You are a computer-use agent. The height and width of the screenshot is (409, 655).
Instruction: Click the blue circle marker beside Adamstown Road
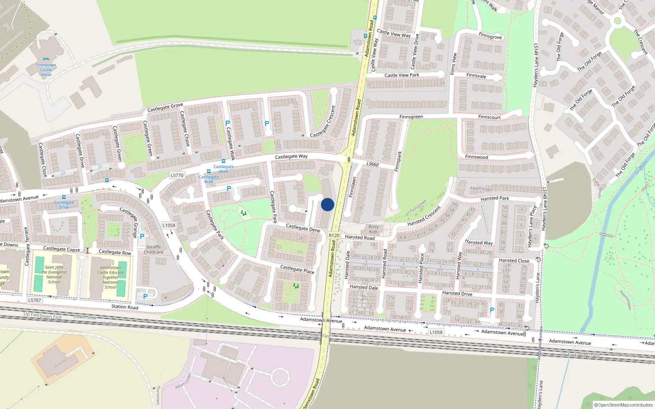tap(327, 204)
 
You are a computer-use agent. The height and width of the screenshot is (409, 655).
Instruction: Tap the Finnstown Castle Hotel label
tap(46, 70)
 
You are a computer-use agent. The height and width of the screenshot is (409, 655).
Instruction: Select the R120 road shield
tap(334, 235)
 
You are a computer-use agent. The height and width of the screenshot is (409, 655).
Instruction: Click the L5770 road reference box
tap(177, 175)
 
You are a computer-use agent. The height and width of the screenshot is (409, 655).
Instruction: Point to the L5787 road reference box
tap(34, 300)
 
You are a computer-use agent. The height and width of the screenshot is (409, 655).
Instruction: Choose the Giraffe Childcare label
tap(154, 249)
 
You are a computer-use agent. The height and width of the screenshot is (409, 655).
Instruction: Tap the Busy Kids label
tap(373, 229)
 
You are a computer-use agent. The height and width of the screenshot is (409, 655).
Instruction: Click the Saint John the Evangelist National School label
tap(54, 274)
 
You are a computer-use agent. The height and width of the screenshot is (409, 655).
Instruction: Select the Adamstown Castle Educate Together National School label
tap(110, 277)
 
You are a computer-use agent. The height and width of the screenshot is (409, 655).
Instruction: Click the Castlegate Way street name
tap(291, 156)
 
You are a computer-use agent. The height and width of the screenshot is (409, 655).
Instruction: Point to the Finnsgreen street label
tap(411, 117)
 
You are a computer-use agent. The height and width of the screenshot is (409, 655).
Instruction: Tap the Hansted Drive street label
tap(457, 293)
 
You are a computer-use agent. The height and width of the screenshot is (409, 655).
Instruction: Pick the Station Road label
tap(125, 307)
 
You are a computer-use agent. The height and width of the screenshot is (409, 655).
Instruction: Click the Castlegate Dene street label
tap(303, 228)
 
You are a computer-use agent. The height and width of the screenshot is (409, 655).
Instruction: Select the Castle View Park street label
tap(402, 75)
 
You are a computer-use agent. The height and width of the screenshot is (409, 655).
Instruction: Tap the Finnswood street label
tap(477, 157)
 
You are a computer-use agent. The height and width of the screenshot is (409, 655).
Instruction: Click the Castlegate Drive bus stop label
tap(64, 204)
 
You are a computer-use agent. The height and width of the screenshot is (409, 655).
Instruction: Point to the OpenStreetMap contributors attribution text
tap(623, 405)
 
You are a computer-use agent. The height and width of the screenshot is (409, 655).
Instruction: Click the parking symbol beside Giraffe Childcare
tap(142, 236)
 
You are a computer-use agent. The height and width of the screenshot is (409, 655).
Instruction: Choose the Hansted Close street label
tap(514, 261)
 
